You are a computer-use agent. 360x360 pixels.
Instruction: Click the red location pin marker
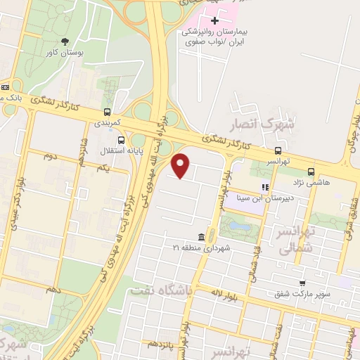click(x=181, y=165)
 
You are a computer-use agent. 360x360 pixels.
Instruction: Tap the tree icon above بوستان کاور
click(x=65, y=41)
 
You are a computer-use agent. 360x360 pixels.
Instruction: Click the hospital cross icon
click(x=214, y=20)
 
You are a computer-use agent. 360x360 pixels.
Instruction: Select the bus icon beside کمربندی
click(x=107, y=111)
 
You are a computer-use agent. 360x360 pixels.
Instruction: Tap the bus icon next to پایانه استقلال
click(x=121, y=139)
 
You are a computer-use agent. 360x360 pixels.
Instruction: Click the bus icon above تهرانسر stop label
click(x=279, y=150)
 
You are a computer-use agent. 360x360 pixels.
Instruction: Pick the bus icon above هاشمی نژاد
click(x=311, y=171)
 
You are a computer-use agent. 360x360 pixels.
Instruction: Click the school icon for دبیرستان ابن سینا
click(x=265, y=187)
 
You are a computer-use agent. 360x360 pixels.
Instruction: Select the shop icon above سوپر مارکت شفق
click(x=302, y=283)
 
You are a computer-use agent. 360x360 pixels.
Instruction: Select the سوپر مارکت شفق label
click(x=305, y=294)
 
